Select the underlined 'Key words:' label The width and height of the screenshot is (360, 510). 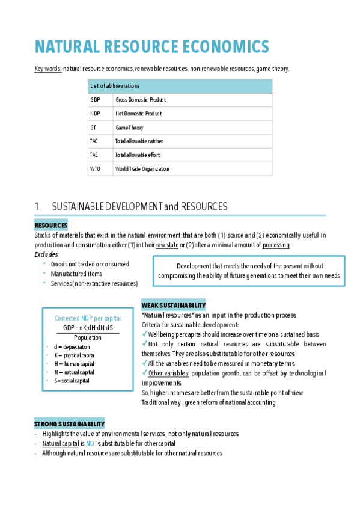tap(47, 69)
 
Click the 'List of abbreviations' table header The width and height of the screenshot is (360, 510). tap(114, 86)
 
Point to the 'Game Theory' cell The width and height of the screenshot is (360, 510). tap(129, 127)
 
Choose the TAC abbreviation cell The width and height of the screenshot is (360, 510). tap(95, 141)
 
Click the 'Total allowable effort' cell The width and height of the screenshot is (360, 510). tap(137, 155)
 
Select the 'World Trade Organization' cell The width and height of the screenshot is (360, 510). tap(142, 169)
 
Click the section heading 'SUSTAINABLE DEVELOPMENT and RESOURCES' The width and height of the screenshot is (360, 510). tap(139, 207)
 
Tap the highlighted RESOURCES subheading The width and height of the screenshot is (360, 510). tap(50, 226)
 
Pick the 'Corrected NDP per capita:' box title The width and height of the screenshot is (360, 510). tap(88, 318)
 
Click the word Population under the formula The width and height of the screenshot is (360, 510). tap(88, 337)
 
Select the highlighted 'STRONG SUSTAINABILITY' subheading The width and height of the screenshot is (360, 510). tap(69, 424)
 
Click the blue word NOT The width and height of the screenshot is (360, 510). tap(91, 443)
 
